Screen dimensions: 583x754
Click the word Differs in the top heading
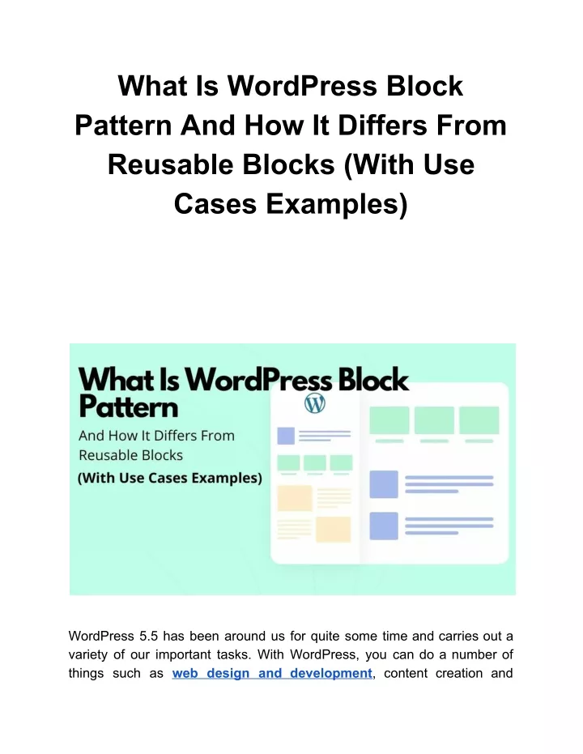click(x=382, y=126)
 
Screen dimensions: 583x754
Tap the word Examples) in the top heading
click(x=336, y=204)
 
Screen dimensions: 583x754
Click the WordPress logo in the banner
click(x=315, y=403)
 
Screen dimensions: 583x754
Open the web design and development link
click(x=272, y=673)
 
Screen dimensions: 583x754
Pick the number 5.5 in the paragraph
click(x=148, y=636)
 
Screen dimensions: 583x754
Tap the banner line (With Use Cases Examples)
click(x=170, y=478)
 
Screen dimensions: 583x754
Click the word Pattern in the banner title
click(x=128, y=407)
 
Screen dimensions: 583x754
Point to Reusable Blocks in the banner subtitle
click(x=130, y=455)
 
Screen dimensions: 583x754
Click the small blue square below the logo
click(x=286, y=436)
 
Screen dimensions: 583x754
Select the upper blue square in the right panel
click(x=384, y=484)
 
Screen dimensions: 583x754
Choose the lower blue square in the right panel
click(x=384, y=526)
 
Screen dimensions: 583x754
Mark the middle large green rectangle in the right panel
click(x=434, y=420)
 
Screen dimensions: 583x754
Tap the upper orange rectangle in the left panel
click(x=295, y=498)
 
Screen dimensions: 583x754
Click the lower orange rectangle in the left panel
click(x=333, y=530)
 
